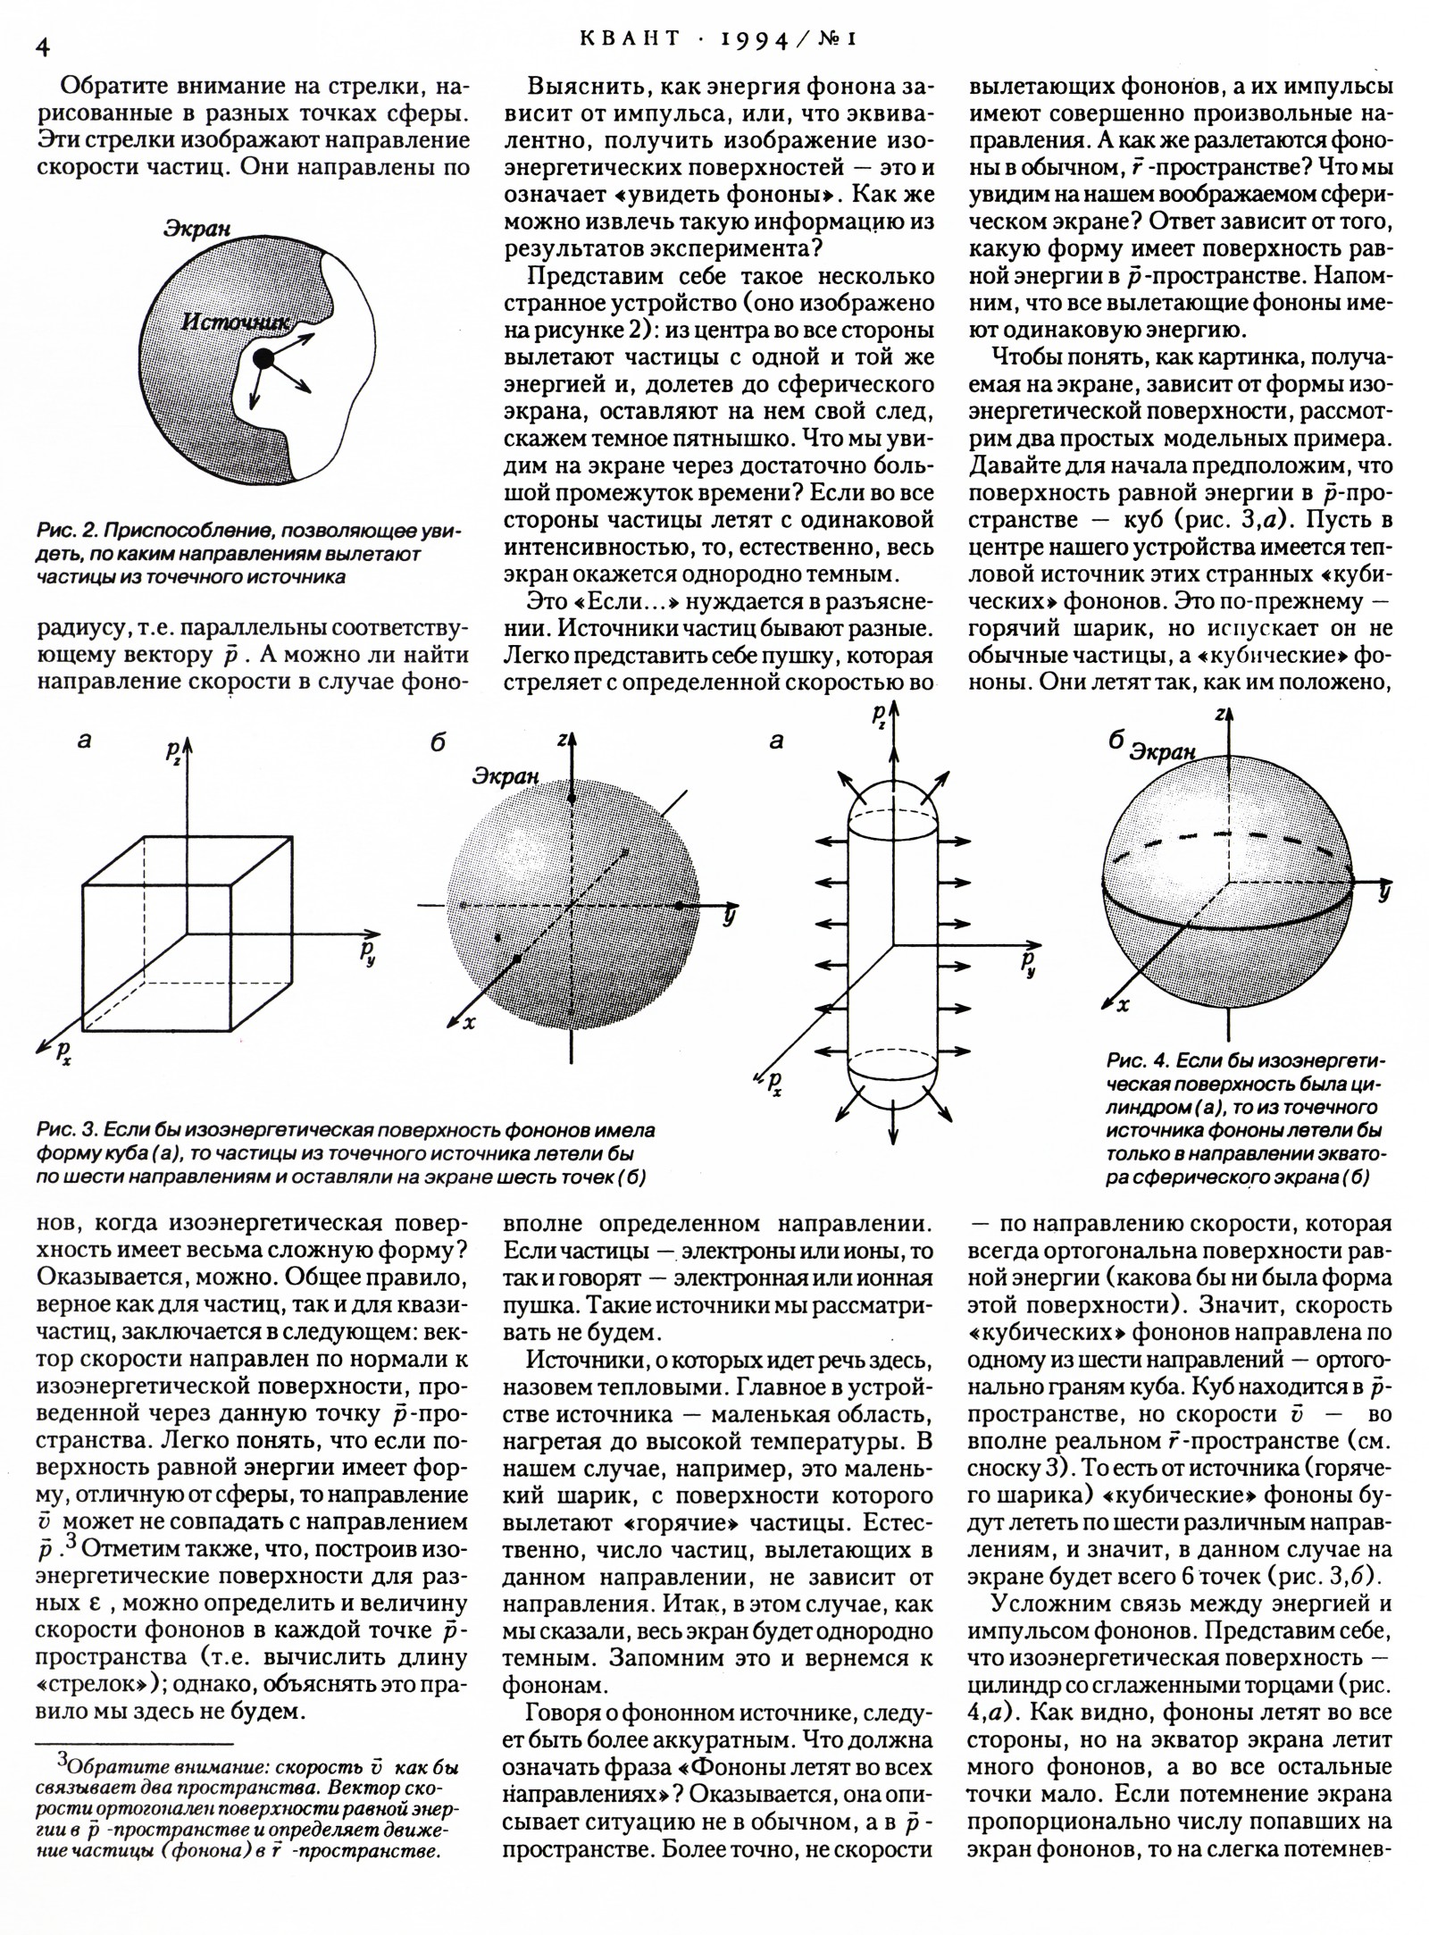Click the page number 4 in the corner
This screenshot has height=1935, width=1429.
point(42,47)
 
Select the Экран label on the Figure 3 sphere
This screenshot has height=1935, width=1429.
point(506,775)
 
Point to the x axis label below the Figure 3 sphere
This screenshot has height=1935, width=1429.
point(469,1022)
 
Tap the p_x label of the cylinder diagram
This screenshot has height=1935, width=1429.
point(773,1084)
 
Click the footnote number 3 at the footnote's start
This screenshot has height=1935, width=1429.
point(63,1758)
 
